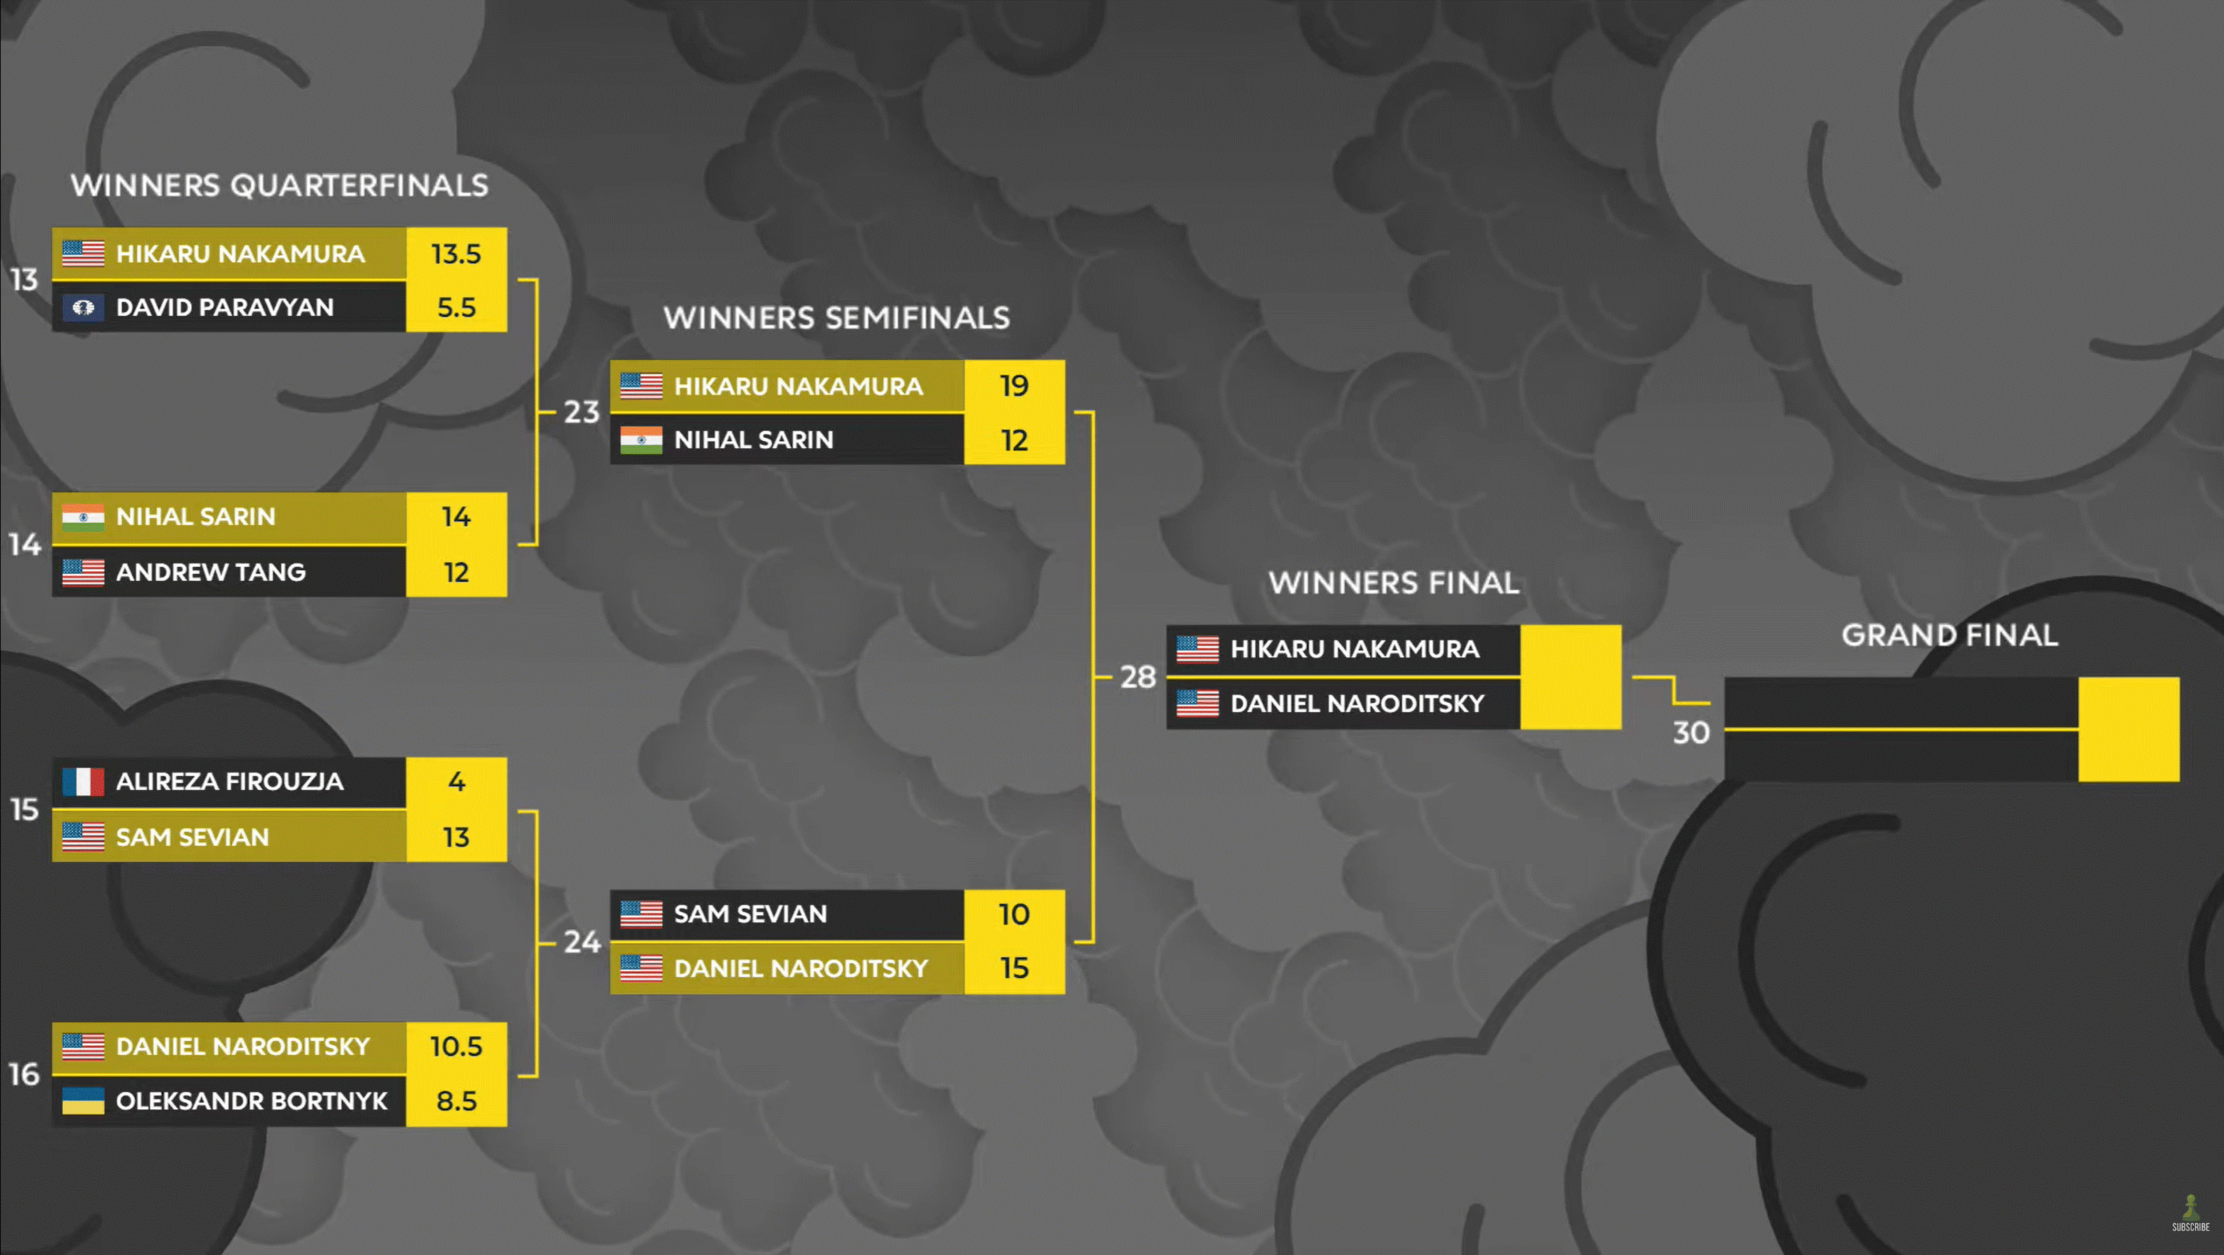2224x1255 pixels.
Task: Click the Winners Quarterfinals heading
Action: tap(280, 185)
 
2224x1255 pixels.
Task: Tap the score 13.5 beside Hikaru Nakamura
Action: tap(456, 254)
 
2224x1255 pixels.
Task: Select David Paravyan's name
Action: tap(225, 307)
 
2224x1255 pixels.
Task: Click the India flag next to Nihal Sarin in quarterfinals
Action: tap(83, 517)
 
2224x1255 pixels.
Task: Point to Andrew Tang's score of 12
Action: tap(456, 572)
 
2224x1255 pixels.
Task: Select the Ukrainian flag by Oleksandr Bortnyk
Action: tap(83, 1100)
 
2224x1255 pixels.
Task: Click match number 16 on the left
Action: tap(24, 1074)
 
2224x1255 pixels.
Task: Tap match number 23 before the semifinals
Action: tap(582, 412)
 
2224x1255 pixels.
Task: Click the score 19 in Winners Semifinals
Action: tap(1014, 386)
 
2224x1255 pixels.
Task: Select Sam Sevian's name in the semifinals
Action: tap(750, 914)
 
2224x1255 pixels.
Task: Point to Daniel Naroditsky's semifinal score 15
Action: tap(1014, 968)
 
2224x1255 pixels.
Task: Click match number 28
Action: tap(1138, 678)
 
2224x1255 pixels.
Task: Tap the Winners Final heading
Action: tap(1393, 584)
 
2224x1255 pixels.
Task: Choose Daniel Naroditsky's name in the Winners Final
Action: tap(1357, 703)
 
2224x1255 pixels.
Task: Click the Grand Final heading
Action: tap(1949, 635)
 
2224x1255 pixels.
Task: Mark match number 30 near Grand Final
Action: tap(1691, 733)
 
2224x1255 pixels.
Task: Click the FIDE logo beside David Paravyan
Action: tap(83, 307)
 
